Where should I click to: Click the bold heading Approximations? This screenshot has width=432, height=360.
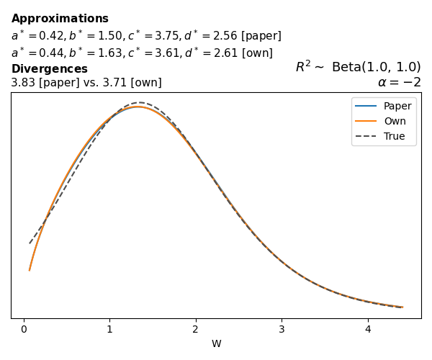60,19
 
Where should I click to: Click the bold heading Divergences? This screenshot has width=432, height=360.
49,69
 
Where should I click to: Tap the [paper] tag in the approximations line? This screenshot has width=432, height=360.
261,36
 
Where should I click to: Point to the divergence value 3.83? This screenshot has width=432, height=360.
23,83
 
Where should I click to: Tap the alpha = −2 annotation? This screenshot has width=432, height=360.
399,82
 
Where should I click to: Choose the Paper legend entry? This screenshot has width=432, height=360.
397,106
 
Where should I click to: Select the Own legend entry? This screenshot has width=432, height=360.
395,121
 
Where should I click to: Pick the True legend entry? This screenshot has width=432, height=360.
394,136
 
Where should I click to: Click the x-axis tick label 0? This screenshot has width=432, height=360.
24,329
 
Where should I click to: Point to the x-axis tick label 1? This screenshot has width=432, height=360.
109,329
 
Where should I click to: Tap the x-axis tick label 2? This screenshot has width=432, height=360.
195,329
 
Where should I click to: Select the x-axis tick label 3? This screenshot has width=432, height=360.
282,329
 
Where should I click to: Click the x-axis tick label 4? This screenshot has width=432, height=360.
367,329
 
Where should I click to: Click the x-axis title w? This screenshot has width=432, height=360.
216,343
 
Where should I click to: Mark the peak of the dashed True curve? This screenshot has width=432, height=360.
140,102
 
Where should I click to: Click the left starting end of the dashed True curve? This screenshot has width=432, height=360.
30,243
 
